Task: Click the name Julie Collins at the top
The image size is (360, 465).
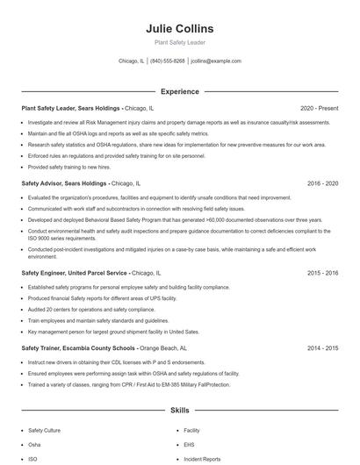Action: pos(179,29)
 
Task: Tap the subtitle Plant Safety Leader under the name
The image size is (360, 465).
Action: pos(179,42)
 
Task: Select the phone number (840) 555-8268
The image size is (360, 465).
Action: pos(168,61)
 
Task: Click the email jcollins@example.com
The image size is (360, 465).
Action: pos(216,61)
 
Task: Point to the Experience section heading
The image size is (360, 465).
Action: pos(179,90)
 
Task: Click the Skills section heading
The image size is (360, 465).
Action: pos(179,410)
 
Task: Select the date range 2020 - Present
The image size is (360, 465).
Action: pos(319,108)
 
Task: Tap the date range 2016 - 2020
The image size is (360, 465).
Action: pos(322,183)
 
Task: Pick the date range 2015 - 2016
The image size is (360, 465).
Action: pos(322,273)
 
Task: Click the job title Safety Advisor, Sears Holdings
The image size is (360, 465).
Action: pos(64,183)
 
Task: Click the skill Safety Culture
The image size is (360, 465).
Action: pos(45,431)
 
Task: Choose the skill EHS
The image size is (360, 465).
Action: pos(189,445)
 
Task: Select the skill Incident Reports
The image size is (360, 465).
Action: pos(202,459)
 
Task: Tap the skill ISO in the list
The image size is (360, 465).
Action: pos(32,459)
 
